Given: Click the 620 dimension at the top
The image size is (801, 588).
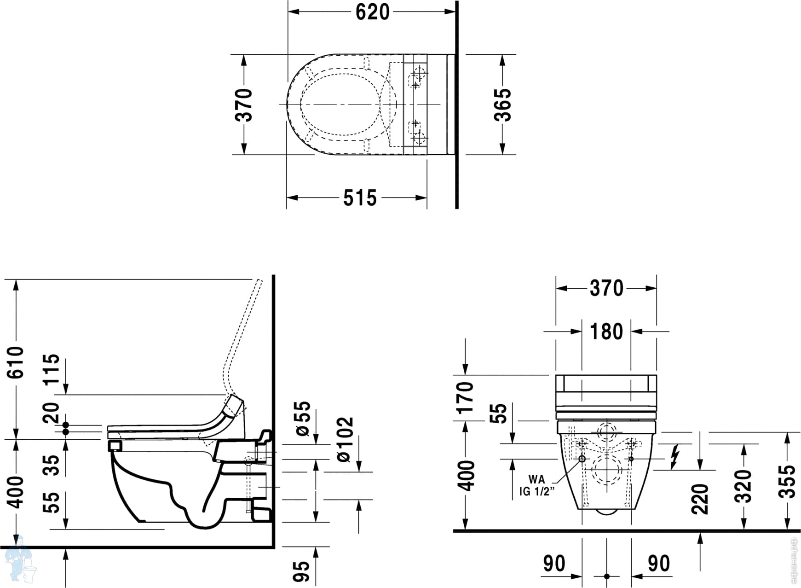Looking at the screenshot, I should tap(372, 12).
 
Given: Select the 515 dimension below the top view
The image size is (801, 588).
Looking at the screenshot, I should tap(360, 198).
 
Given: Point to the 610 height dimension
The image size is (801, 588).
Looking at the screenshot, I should tap(16, 362).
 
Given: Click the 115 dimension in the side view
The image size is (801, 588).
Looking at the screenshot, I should tap(52, 368).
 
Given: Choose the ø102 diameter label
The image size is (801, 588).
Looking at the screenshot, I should tap(345, 439).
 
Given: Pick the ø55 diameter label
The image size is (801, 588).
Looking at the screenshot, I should tap(303, 419).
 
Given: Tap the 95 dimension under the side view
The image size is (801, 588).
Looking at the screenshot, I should tap(302, 571).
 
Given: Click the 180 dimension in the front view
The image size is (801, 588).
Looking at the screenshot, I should tap(606, 332).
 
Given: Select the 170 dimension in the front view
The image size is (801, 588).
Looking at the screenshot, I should tap(466, 397).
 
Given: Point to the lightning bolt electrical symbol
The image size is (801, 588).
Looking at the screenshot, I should tap(675, 457).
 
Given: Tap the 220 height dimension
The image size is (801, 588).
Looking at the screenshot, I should tap(700, 499).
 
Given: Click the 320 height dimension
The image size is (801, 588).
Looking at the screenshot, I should tap(743, 486).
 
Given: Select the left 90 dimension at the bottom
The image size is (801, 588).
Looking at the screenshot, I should tap(554, 564).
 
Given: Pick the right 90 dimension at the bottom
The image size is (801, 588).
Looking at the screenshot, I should tap(658, 564).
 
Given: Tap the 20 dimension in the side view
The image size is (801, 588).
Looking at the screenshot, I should tap(52, 412).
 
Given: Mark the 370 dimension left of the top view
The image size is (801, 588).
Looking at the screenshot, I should tap(244, 105).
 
